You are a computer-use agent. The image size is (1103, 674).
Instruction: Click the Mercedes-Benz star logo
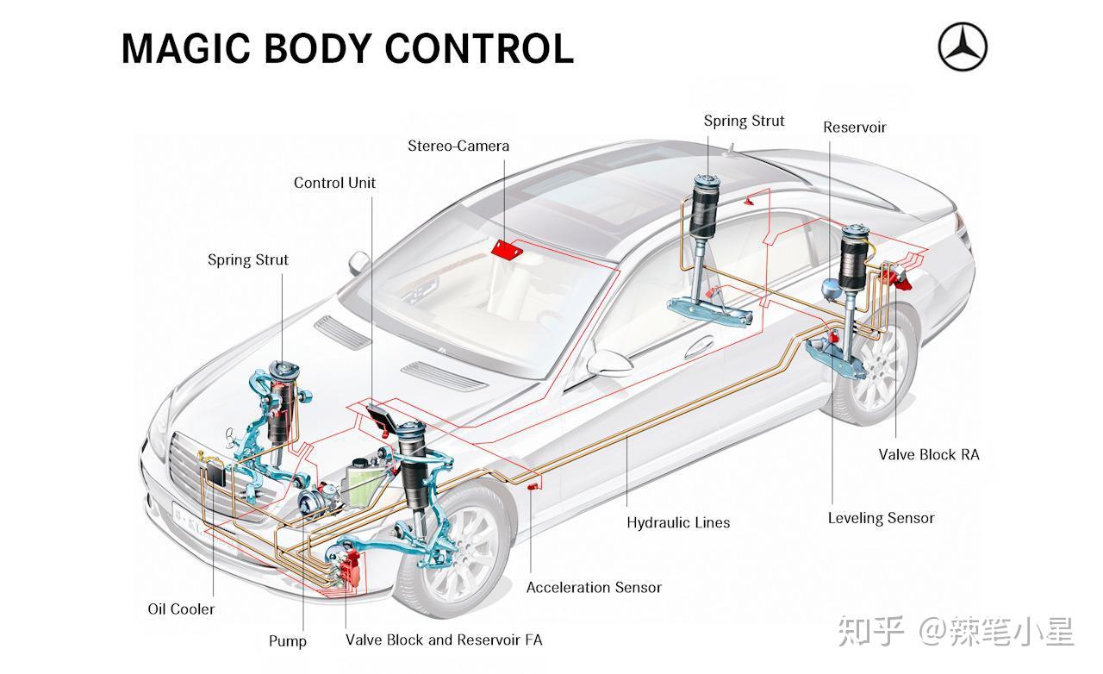[963, 47]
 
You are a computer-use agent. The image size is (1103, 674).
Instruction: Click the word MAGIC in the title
[185, 48]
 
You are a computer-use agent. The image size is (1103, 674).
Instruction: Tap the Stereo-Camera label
[458, 146]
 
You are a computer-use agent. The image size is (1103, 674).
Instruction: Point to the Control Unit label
[334, 183]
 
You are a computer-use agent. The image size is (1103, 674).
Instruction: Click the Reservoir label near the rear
[854, 128]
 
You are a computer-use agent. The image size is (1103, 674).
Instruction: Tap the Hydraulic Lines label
[677, 522]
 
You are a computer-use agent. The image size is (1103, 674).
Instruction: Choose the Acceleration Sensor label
[594, 588]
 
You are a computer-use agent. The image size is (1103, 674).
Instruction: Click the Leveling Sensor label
[881, 518]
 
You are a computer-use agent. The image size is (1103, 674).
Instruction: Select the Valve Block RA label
[928, 454]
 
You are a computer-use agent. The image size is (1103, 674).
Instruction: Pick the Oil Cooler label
[181, 609]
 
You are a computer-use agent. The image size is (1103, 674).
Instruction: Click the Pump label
[287, 641]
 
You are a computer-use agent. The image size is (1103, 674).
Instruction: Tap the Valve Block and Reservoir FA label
[444, 640]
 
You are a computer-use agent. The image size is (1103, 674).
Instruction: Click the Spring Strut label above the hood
[247, 259]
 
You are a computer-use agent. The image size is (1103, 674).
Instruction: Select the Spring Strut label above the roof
[744, 121]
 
